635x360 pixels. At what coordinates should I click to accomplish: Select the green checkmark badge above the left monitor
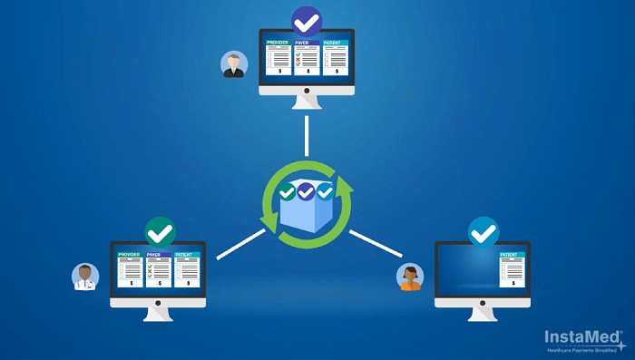click(x=160, y=232)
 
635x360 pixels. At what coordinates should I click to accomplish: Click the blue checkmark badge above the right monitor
click(x=483, y=232)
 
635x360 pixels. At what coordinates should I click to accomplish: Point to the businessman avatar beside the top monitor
click(x=234, y=63)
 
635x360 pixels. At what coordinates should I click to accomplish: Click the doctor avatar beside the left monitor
click(x=85, y=276)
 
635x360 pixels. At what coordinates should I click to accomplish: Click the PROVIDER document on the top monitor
click(x=278, y=56)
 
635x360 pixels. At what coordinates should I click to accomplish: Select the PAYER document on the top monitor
click(x=307, y=56)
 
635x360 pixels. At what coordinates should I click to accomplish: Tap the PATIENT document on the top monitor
click(x=336, y=56)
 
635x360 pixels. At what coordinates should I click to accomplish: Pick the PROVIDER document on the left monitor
click(x=131, y=269)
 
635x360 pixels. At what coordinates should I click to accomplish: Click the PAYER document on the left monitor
click(x=159, y=269)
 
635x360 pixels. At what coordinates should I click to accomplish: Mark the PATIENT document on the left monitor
click(x=187, y=269)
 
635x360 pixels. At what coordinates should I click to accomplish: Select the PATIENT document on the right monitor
click(x=512, y=269)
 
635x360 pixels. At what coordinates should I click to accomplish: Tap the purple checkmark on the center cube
click(x=306, y=191)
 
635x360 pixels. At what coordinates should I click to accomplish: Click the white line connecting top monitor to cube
click(x=307, y=135)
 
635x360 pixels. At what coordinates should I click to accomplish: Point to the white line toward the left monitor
click(x=240, y=244)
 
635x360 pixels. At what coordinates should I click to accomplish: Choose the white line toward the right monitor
click(x=375, y=242)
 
